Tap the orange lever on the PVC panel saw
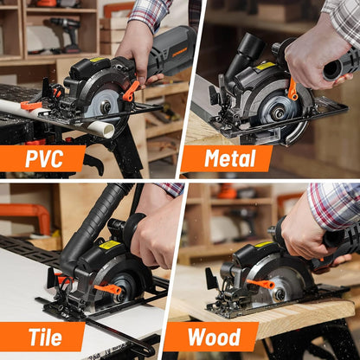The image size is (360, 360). (x=131, y=90)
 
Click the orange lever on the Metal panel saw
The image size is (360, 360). (x=292, y=88)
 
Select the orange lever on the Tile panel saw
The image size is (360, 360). (x=109, y=288)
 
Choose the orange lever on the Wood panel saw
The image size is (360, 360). (x=260, y=284)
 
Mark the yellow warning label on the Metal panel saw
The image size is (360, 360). (x=265, y=66)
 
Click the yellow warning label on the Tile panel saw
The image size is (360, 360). (x=110, y=245)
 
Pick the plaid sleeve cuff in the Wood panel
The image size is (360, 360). (x=333, y=206)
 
